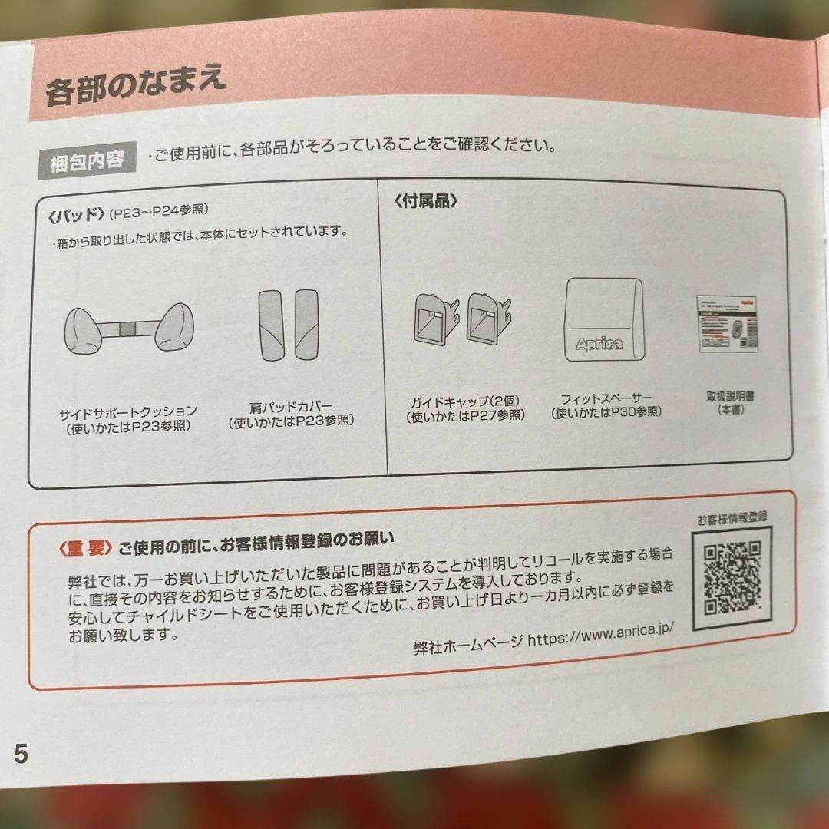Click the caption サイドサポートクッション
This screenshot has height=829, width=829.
[128, 411]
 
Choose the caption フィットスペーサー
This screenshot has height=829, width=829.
[606, 398]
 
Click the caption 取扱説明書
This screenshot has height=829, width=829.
[729, 396]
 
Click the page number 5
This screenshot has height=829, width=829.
[21, 754]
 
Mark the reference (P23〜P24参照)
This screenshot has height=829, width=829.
[159, 211]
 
